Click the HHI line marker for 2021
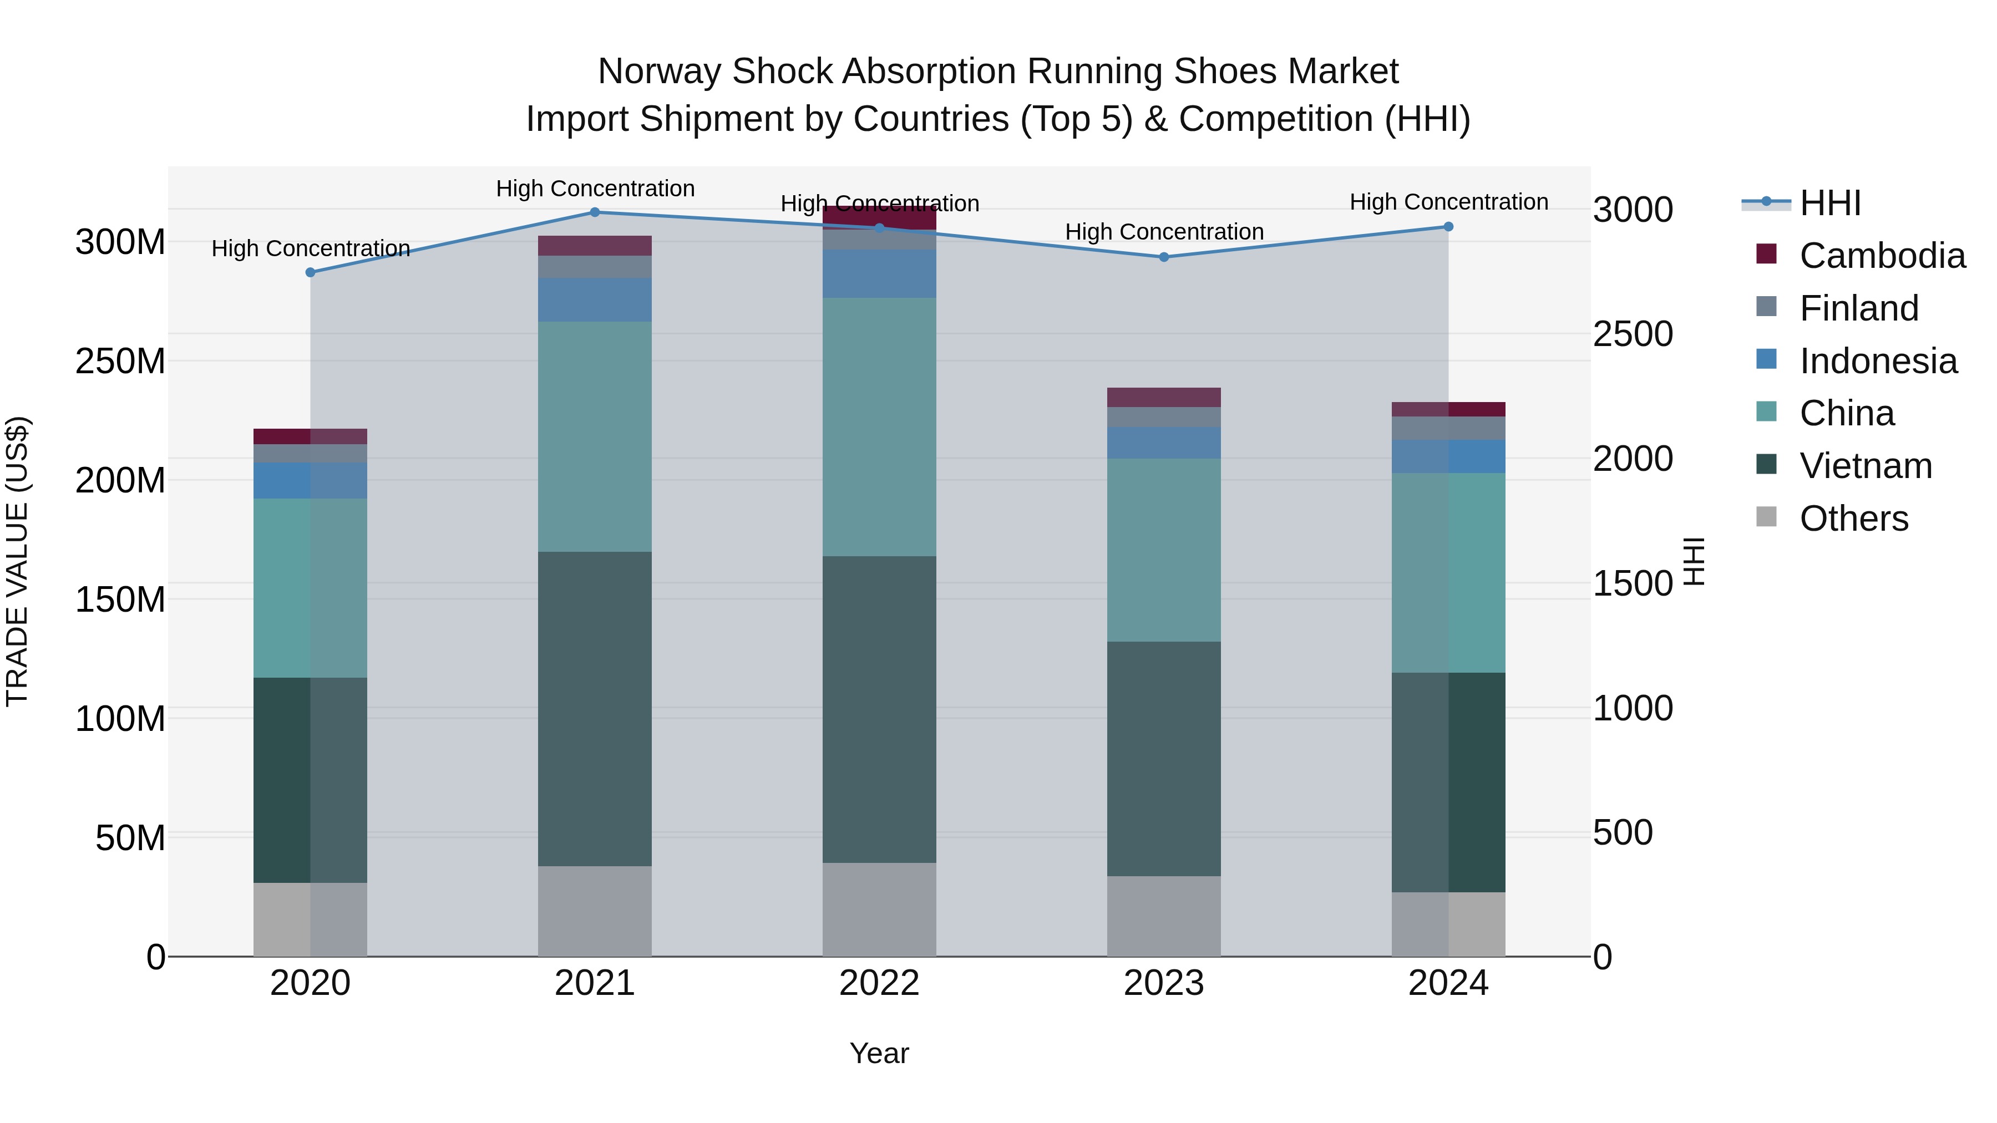(x=595, y=212)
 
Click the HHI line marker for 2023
(x=1164, y=257)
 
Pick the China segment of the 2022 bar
(x=879, y=426)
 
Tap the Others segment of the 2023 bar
(x=1164, y=916)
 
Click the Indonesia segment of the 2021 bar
(x=595, y=300)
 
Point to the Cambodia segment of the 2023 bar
(x=1164, y=398)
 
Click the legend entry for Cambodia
(x=1882, y=256)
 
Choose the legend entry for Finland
(x=1858, y=308)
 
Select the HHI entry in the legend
(x=1829, y=203)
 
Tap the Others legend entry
(x=1853, y=519)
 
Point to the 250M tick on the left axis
(x=120, y=361)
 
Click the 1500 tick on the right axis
(x=1633, y=583)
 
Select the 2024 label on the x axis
(x=1447, y=983)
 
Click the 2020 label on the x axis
(x=310, y=983)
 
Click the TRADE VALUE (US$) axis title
(x=17, y=561)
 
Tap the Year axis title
(x=879, y=1053)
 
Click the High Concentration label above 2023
(x=1164, y=232)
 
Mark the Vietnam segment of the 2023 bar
(x=1164, y=759)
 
